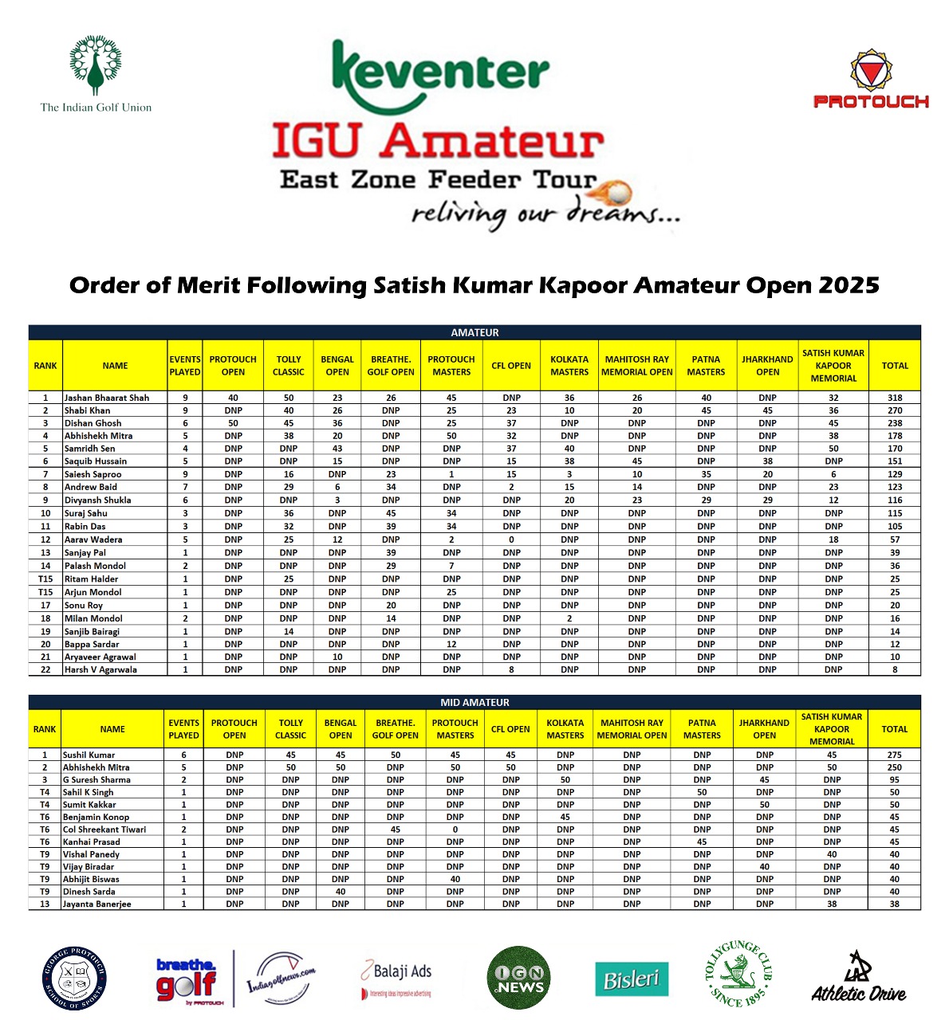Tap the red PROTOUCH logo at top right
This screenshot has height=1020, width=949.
coord(871,80)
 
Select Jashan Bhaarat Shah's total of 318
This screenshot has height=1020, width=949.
coord(895,398)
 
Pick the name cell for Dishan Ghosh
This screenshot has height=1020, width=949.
coord(93,423)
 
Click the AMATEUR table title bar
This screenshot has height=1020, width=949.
coord(475,332)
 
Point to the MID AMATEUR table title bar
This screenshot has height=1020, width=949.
coord(475,702)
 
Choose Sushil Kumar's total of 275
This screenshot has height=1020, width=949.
coord(894,755)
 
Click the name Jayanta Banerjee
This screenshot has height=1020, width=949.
coord(97,904)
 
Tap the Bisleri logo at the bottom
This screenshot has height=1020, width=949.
coord(632,979)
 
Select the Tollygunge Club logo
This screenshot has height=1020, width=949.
coord(738,974)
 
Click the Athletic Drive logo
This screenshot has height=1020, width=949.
coord(859,978)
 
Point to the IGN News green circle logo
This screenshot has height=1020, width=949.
coord(518,979)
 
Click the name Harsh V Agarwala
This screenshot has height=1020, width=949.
coord(100,670)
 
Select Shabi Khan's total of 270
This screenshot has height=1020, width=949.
coord(895,410)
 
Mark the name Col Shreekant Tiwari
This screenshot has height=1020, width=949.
coord(104,830)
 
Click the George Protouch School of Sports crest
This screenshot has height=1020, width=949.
coord(74,979)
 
